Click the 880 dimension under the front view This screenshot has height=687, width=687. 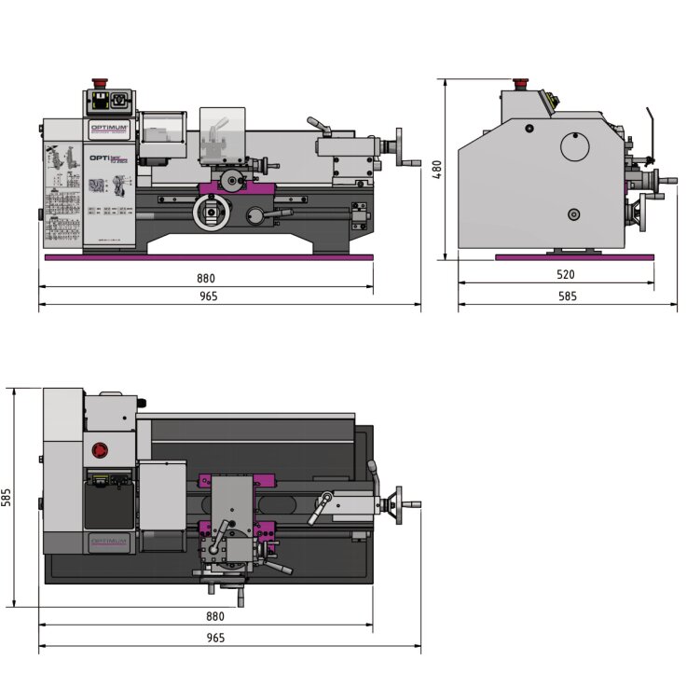tap(206, 278)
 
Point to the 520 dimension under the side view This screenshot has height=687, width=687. tap(565, 274)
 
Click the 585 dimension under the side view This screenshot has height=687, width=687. tap(567, 295)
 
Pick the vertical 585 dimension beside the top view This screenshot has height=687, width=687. tap(7, 497)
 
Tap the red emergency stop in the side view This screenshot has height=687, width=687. tap(520, 82)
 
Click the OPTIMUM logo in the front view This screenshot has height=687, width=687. tap(109, 130)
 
